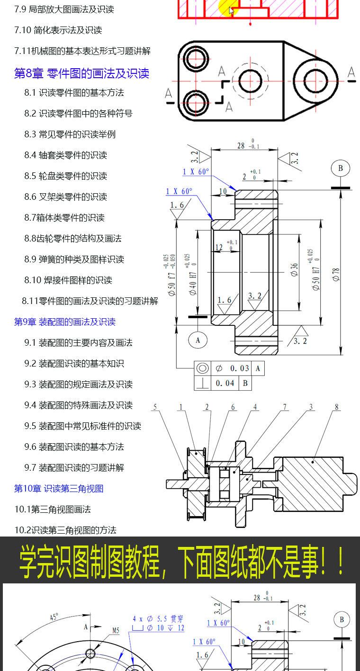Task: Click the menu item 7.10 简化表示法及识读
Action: pyautogui.click(x=58, y=30)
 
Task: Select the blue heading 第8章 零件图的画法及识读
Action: pyautogui.click(x=81, y=73)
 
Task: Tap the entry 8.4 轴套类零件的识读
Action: pyautogui.click(x=65, y=155)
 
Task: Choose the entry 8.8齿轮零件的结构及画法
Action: pyautogui.click(x=73, y=239)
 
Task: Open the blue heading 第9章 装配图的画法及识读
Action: pyautogui.click(x=64, y=322)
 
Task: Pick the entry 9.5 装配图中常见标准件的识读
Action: pyautogui.click(x=82, y=426)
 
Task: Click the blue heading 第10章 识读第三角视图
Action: pyautogui.click(x=58, y=489)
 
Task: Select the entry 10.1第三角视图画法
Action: pyautogui.click(x=52, y=510)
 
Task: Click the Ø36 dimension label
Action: pyautogui.click(x=295, y=270)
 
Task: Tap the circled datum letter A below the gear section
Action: pyautogui.click(x=198, y=340)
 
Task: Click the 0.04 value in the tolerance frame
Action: pyautogui.click(x=225, y=383)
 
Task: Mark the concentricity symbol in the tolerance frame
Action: pyautogui.click(x=202, y=368)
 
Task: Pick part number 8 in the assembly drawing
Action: pyautogui.click(x=336, y=407)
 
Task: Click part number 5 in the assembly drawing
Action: pyautogui.click(x=155, y=407)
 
